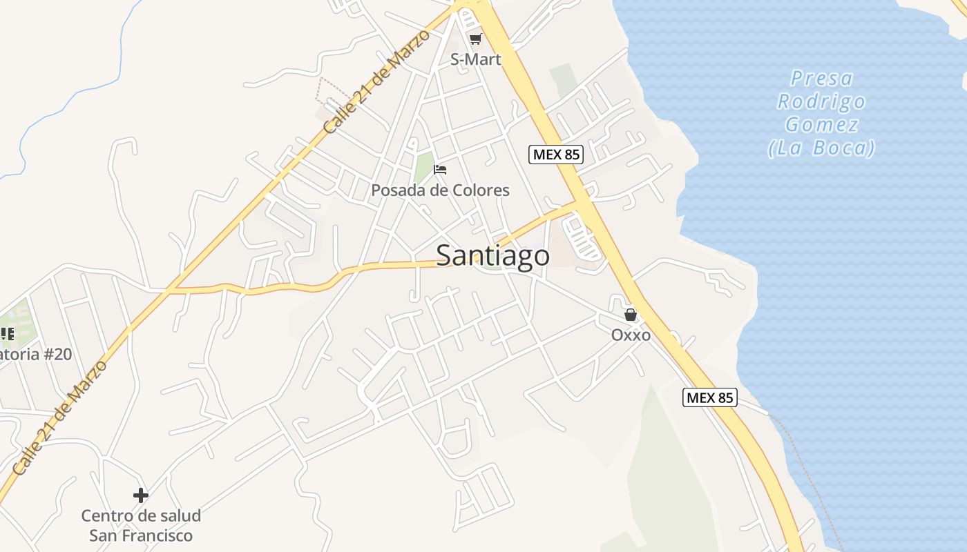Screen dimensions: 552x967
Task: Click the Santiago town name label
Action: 493,256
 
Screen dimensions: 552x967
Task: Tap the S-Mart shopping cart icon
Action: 475,39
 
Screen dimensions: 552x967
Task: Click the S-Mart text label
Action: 475,59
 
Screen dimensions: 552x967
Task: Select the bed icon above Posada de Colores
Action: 440,169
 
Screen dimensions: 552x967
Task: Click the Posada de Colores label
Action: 440,190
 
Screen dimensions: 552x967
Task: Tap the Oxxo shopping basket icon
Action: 631,315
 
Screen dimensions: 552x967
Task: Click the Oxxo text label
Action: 631,335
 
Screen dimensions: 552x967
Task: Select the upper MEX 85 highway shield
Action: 556,155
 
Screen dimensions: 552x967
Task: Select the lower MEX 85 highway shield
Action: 710,397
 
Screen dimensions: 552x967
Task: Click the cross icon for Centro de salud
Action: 141,495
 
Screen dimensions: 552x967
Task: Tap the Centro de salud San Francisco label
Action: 141,525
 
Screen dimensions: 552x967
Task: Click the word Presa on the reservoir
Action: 822,78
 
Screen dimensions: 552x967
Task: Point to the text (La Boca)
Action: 821,148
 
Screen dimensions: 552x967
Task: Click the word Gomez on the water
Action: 821,125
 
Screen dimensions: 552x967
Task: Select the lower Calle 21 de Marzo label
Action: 61,417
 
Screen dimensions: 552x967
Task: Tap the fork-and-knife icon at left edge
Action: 7,334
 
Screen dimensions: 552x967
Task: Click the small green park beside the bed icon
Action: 423,168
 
